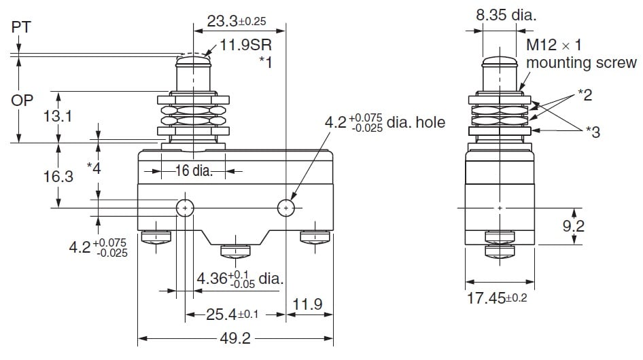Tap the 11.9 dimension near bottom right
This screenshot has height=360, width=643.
pyautogui.click(x=308, y=304)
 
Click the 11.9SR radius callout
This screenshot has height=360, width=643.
pyautogui.click(x=247, y=47)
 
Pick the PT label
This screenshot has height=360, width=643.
pyautogui.click(x=21, y=28)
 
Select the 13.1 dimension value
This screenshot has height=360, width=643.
pyautogui.click(x=58, y=117)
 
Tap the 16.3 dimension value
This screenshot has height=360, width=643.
pyautogui.click(x=58, y=177)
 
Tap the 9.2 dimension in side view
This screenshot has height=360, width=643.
pyautogui.click(x=574, y=226)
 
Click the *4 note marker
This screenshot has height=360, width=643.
pyautogui.click(x=94, y=167)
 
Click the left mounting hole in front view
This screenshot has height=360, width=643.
pyautogui.click(x=185, y=208)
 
